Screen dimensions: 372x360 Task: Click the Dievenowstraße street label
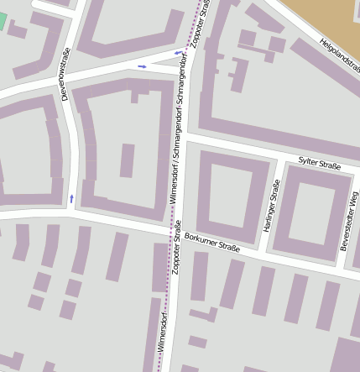(x=66, y=75)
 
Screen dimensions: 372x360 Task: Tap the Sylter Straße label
(x=320, y=165)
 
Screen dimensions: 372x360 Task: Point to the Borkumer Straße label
(x=212, y=242)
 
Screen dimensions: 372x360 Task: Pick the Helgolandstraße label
(x=339, y=52)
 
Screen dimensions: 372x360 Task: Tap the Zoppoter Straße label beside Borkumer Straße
(x=176, y=248)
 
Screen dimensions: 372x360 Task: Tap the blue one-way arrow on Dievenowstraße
(x=71, y=198)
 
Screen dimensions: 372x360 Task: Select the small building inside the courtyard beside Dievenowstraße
(x=127, y=160)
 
